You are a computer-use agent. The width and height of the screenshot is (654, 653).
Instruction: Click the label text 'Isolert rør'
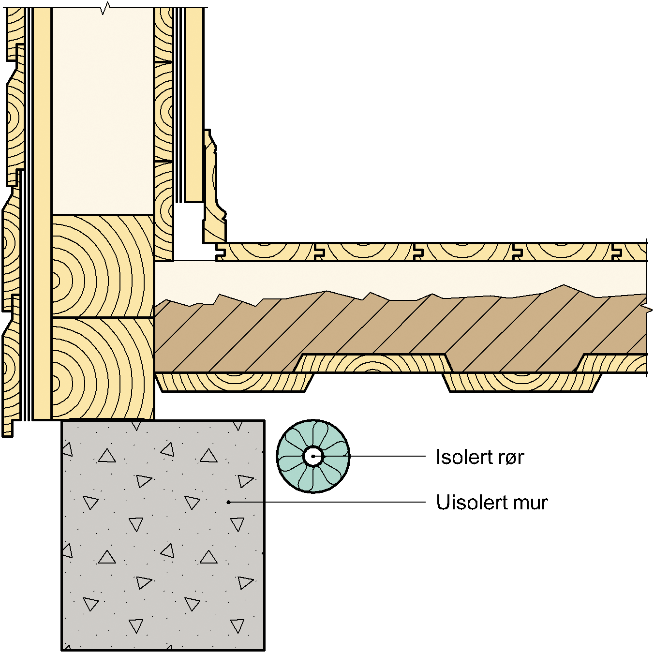coord(479,457)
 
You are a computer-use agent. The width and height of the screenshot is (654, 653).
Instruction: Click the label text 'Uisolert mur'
coord(491,503)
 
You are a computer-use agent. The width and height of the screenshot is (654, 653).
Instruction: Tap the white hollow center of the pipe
coord(313,456)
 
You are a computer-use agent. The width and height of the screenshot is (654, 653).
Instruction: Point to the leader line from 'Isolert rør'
coord(387,456)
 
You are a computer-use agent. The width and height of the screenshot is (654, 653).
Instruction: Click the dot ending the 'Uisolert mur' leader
coord(229,502)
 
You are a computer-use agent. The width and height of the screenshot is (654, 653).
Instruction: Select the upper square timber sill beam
coord(103,266)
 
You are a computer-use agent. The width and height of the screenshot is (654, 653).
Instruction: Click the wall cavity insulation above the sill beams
coord(103,111)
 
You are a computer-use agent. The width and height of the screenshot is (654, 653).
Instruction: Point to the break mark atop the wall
coord(105,8)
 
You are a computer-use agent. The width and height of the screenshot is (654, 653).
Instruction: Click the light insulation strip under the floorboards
coord(387,278)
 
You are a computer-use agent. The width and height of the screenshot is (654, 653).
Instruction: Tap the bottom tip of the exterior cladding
coord(7,434)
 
